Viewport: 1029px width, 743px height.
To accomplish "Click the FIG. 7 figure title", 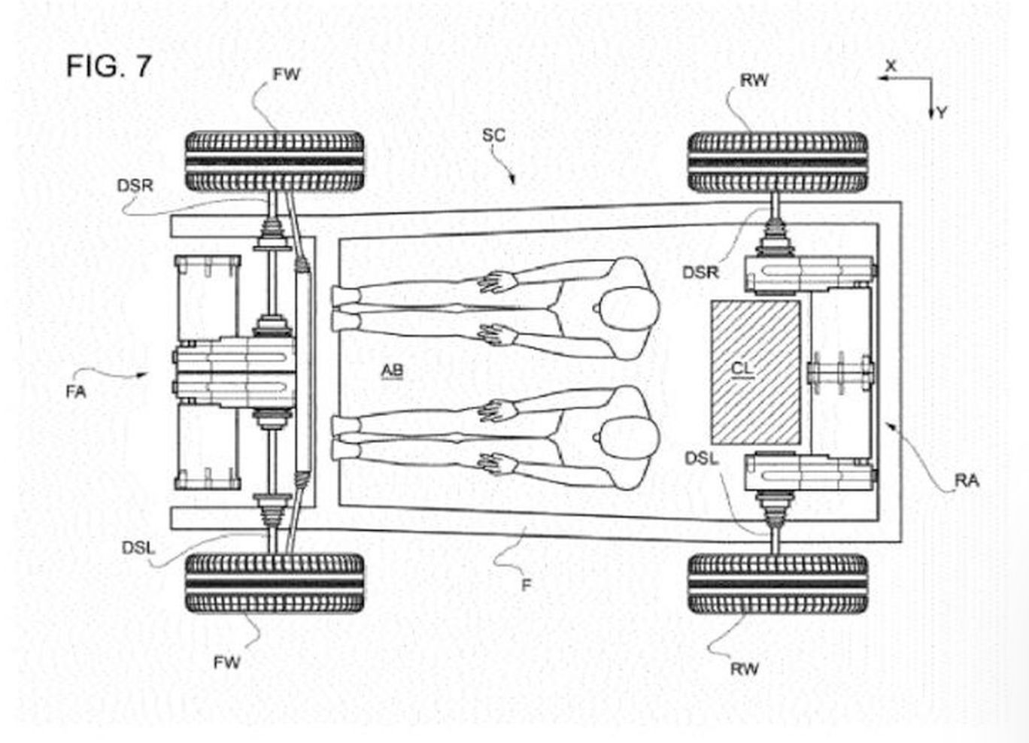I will pyautogui.click(x=109, y=66).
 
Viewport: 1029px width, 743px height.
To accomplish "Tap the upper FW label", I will pyautogui.click(x=287, y=74).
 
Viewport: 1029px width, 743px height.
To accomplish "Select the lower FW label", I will pyautogui.click(x=227, y=663).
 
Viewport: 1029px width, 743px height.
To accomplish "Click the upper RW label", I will pyautogui.click(x=754, y=80).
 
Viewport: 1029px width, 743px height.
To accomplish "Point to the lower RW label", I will pyautogui.click(x=745, y=669).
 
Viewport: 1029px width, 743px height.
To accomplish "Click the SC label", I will pyautogui.click(x=493, y=135).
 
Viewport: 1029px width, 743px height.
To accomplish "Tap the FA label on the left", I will pyautogui.click(x=76, y=392).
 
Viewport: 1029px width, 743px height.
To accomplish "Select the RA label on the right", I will pyautogui.click(x=967, y=481).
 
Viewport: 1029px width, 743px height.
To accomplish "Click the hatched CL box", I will pyautogui.click(x=755, y=371).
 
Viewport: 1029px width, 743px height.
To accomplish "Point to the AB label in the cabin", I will pyautogui.click(x=392, y=370).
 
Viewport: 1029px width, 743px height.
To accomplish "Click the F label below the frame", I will pyautogui.click(x=526, y=584).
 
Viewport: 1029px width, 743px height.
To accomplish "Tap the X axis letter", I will pyautogui.click(x=891, y=66).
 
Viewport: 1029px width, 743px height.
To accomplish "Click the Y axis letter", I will pyautogui.click(x=942, y=113).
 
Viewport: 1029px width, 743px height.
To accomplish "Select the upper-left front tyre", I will pyautogui.click(x=275, y=162).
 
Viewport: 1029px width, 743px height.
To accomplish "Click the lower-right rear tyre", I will pyautogui.click(x=778, y=584).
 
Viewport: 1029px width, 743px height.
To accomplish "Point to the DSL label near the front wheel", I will pyautogui.click(x=138, y=548).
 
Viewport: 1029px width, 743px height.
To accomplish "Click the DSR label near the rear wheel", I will pyautogui.click(x=700, y=272).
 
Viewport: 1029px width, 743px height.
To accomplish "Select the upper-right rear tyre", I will pyautogui.click(x=778, y=162).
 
